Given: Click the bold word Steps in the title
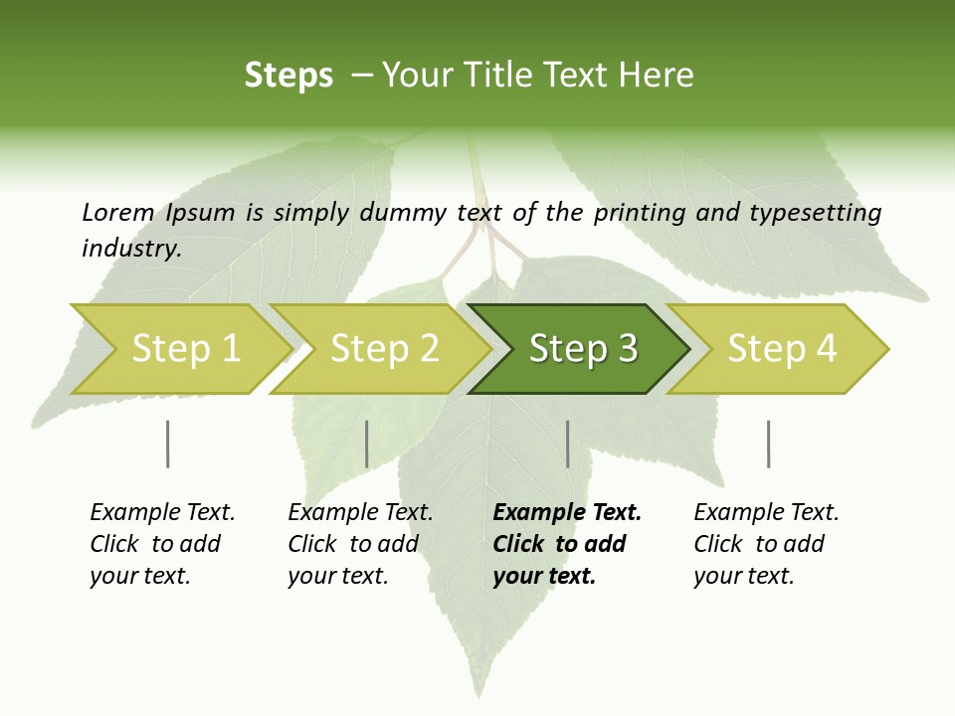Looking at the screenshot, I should click(288, 76).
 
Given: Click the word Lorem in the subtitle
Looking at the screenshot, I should click(118, 213).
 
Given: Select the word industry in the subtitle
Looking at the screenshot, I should click(130, 249).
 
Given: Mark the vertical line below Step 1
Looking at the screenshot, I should click(168, 444).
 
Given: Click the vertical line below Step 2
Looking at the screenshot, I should click(367, 444).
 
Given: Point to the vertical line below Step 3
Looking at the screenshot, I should click(567, 444).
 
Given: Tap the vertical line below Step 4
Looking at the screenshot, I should click(768, 444).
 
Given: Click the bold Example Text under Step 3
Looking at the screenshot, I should click(567, 513).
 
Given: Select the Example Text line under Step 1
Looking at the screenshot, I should click(162, 513).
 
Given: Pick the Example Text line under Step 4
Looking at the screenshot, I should click(766, 513).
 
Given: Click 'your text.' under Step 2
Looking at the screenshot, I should click(337, 577).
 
